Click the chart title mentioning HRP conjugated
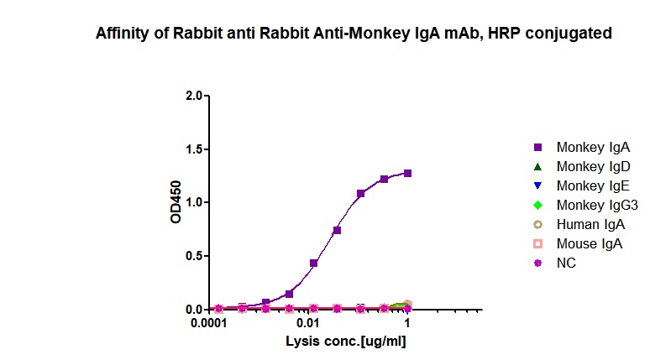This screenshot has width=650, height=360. (354, 34)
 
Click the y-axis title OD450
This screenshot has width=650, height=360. (176, 202)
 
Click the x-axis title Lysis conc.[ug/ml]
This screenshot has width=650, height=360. (346, 342)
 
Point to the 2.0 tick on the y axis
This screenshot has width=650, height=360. (194, 96)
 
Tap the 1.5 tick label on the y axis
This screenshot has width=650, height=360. (194, 149)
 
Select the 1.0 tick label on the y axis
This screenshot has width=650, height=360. (194, 202)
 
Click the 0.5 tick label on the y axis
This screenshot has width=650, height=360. (194, 256)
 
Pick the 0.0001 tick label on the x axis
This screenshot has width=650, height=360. (213, 324)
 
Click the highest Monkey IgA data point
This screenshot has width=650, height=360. (407, 173)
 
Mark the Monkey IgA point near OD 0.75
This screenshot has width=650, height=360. (337, 230)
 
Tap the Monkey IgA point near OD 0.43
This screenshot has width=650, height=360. (313, 263)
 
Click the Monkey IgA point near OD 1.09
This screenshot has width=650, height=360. (360, 194)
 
